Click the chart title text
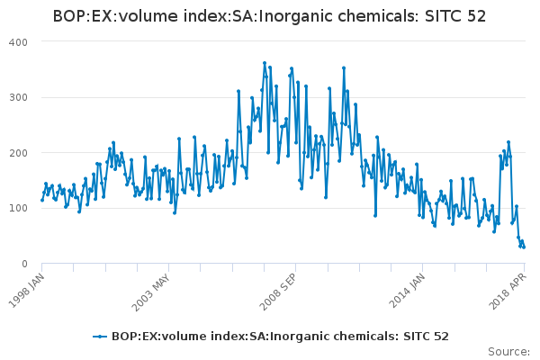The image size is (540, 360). pos(270,16)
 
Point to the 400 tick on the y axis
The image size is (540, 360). pos(18,42)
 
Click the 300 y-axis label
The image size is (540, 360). pos(18,97)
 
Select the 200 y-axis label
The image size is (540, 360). pos(18,153)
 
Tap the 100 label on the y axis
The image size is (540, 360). pos(18,209)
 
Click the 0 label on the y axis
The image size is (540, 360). pos(25,264)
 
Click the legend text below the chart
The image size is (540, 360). pos(280,337)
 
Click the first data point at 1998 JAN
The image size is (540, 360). pos(42,200)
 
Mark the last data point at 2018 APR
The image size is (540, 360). pos(524,247)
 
